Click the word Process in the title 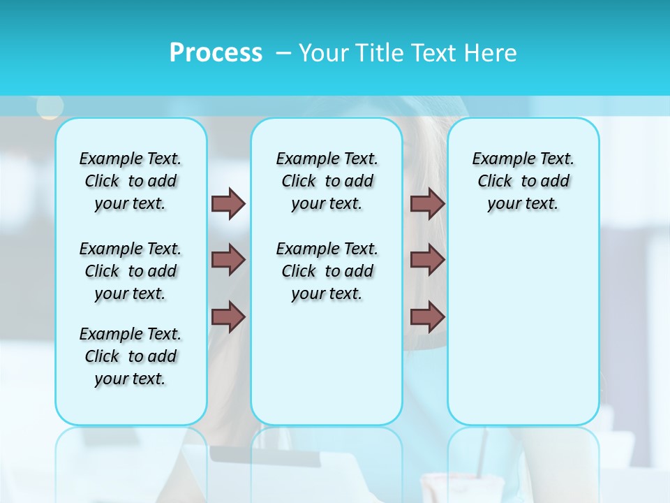tap(216, 53)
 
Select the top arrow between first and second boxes tap(228, 203)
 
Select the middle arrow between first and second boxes tap(228, 260)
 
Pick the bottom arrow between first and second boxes tap(228, 317)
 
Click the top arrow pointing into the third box tap(428, 203)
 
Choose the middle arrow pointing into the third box tap(428, 260)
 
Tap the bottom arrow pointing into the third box tap(428, 317)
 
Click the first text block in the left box tap(131, 181)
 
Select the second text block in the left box tap(131, 271)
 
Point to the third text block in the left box tap(131, 356)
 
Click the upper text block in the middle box tap(327, 181)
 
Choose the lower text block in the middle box tap(327, 271)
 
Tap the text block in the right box tap(523, 181)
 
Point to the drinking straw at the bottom tap(481, 454)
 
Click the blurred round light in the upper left tap(50, 107)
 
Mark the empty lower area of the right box tap(523, 335)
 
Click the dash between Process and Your tap(283, 53)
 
